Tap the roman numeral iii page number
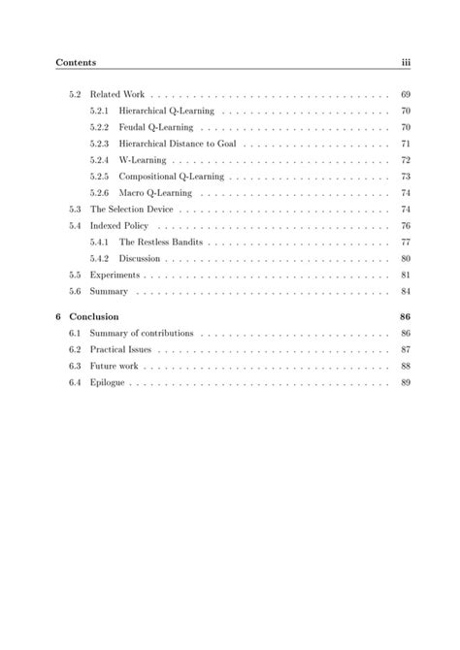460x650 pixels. click(x=407, y=63)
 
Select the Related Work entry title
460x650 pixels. click(x=118, y=95)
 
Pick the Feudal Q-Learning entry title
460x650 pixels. click(x=157, y=127)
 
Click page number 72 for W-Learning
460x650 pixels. click(x=406, y=160)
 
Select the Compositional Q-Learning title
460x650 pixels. click(x=172, y=177)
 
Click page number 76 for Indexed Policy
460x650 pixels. click(x=406, y=225)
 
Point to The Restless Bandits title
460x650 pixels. click(x=161, y=242)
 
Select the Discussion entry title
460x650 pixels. click(x=142, y=258)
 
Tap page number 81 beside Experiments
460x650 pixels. click(x=406, y=275)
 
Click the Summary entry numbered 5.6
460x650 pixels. click(x=109, y=291)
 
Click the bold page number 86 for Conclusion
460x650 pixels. click(x=406, y=316)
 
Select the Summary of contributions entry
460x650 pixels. click(x=142, y=333)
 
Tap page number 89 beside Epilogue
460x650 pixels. click(x=406, y=382)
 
